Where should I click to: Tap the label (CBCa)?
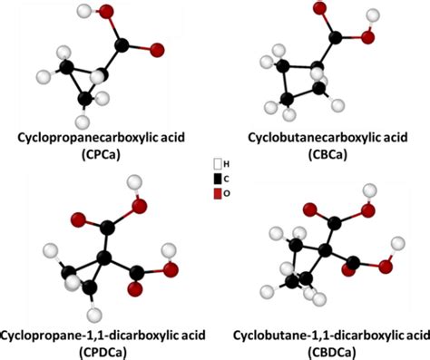point(323,155)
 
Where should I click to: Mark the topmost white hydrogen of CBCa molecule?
point(371,15)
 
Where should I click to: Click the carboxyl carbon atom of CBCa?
point(336,38)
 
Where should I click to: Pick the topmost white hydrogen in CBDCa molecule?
point(369,190)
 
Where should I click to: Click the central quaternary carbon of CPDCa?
point(104,258)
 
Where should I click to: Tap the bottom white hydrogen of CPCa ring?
point(83,121)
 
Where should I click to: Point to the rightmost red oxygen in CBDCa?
point(385,270)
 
